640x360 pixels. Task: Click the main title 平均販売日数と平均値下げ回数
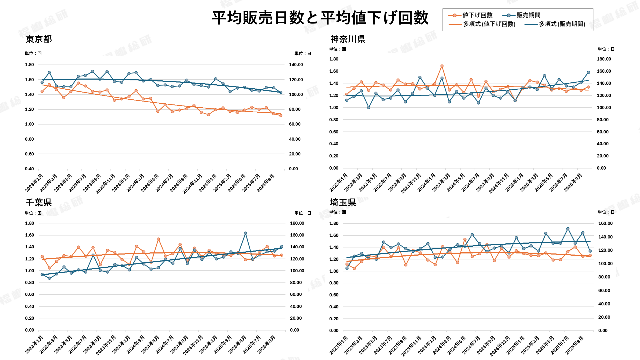(320, 18)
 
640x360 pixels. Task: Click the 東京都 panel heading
(39, 39)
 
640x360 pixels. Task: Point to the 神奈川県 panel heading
(348, 39)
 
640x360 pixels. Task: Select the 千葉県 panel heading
(39, 202)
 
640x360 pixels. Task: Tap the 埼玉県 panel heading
(343, 202)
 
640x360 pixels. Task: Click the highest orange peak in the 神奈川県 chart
(442, 66)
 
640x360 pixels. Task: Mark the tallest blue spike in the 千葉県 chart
(245, 233)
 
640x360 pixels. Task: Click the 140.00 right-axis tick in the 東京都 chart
(296, 65)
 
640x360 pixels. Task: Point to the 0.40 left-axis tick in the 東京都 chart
(29, 169)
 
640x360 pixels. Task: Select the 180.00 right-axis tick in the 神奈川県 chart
(604, 59)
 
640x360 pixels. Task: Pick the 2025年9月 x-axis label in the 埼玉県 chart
(575, 345)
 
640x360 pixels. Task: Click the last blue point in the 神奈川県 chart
(588, 72)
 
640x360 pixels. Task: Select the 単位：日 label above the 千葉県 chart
(303, 213)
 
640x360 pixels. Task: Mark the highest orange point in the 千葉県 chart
(158, 239)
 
